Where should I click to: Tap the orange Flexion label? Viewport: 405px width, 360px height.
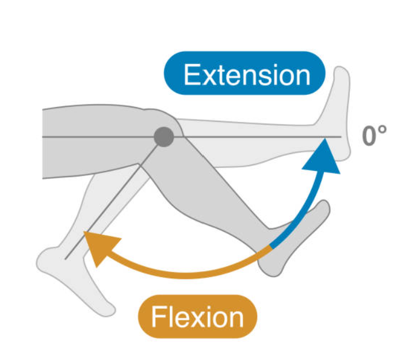point(197,316)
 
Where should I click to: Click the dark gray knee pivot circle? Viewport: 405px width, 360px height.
point(164,137)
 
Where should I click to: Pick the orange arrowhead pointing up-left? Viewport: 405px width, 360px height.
point(95,245)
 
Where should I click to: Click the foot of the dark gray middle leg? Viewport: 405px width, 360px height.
point(293,242)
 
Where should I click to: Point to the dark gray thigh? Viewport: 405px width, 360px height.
point(98,138)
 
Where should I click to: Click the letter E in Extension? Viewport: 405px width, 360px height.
point(192,74)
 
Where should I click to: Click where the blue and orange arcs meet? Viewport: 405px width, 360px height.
point(270,248)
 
